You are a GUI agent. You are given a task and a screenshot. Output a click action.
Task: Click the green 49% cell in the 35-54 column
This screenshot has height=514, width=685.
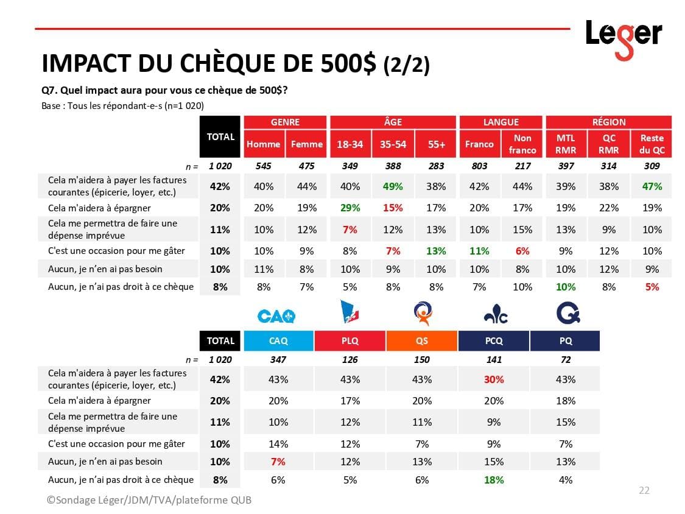click(x=393, y=186)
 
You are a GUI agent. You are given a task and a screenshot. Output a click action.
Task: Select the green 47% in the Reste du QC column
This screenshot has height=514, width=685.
click(x=652, y=186)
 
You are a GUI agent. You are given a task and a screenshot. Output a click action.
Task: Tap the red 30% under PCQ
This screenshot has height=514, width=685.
click(x=494, y=379)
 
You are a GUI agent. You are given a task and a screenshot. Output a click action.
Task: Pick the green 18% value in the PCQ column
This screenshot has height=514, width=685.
click(x=494, y=480)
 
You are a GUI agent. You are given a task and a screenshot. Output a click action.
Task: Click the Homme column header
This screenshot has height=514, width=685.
click(x=264, y=144)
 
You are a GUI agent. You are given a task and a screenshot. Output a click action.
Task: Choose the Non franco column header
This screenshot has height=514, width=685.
click(x=522, y=144)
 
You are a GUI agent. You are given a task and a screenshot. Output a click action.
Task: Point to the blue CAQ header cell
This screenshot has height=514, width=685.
click(x=278, y=341)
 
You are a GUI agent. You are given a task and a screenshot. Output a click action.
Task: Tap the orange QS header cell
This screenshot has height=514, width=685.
click(x=421, y=341)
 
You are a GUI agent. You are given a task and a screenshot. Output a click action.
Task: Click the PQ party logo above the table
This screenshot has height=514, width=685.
click(x=568, y=314)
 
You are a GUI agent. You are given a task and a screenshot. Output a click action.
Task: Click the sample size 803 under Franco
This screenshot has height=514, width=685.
click(x=479, y=166)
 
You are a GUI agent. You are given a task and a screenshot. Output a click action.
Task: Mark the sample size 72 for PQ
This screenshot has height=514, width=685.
click(x=566, y=359)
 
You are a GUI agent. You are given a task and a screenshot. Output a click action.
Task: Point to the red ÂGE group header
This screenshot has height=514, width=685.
click(x=393, y=122)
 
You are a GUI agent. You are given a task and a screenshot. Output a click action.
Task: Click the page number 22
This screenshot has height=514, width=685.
click(x=644, y=491)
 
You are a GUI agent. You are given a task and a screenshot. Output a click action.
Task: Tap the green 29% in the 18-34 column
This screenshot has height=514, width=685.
click(x=350, y=208)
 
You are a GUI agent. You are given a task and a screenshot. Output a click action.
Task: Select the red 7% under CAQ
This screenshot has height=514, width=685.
click(x=278, y=462)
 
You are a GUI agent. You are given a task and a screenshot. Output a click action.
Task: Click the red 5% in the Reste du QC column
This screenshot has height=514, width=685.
click(x=652, y=287)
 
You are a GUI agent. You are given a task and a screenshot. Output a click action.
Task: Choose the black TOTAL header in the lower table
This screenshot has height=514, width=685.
click(x=220, y=341)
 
